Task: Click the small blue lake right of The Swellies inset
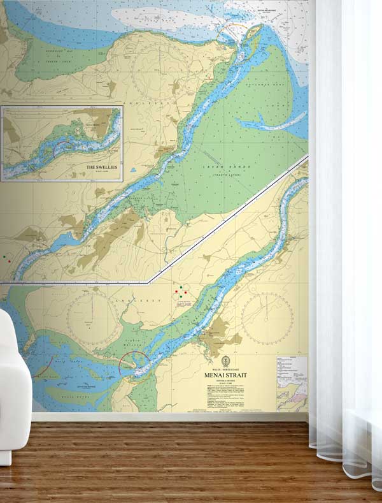(133, 171)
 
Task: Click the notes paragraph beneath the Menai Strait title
(229, 398)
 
